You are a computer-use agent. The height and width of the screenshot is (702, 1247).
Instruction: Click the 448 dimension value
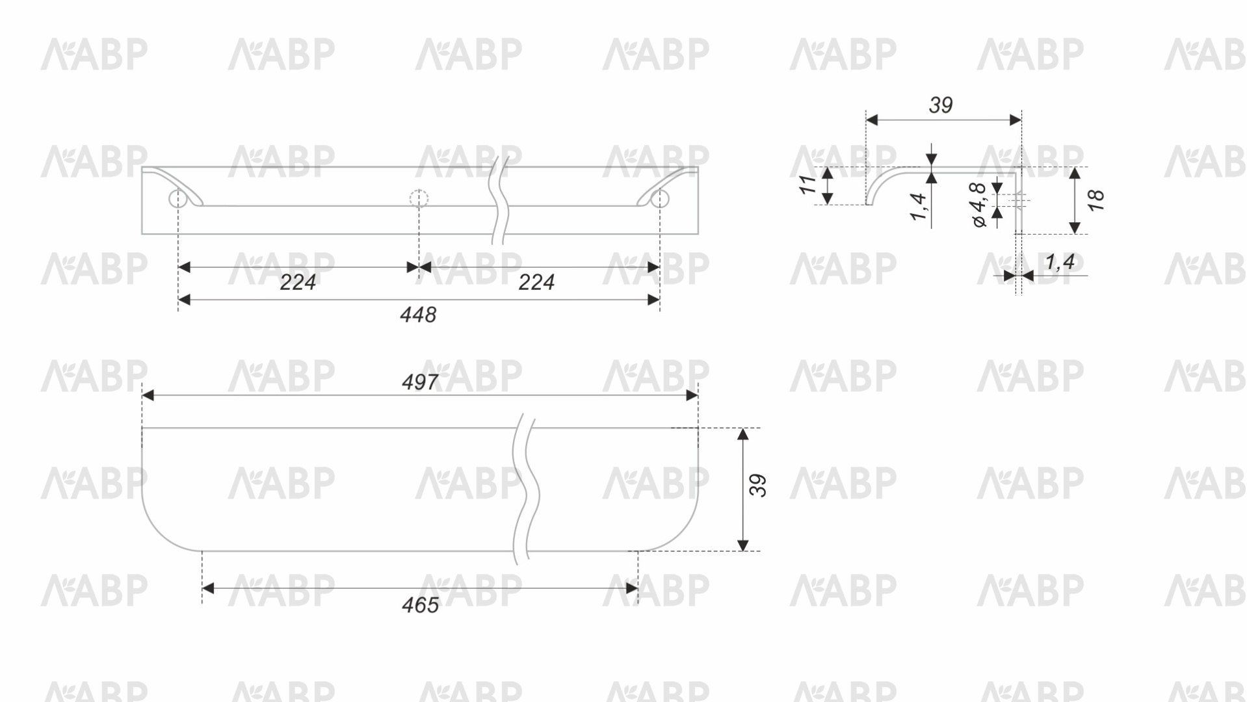pos(418,315)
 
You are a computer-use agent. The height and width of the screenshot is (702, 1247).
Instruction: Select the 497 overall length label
pos(420,382)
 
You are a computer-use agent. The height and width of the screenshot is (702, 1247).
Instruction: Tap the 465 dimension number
pos(420,606)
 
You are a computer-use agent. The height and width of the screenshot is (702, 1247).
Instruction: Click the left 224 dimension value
pos(298,283)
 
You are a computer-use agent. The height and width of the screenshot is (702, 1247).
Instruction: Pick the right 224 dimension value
pos(536,283)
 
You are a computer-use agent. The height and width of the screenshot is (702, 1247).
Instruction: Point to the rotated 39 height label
pos(758,486)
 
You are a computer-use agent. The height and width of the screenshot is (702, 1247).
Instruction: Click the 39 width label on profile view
pos(941,105)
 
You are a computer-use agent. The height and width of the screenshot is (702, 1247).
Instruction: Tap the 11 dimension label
pos(808,185)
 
